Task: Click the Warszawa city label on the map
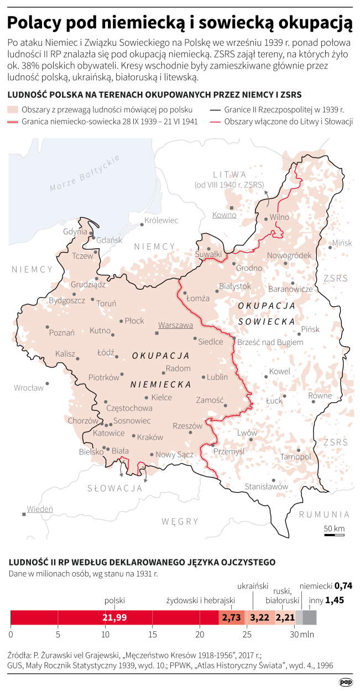[175, 325]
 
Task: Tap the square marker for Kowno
[233, 208]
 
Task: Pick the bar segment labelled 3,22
[260, 617]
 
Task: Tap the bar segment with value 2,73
[232, 617]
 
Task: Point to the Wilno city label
[279, 217]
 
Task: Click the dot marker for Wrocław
[48, 384]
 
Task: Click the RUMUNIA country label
[324, 514]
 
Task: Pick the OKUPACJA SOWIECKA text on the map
[267, 313]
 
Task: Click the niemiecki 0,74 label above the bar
[326, 585]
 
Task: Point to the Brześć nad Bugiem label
[270, 342]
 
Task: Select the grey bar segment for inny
[310, 617]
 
